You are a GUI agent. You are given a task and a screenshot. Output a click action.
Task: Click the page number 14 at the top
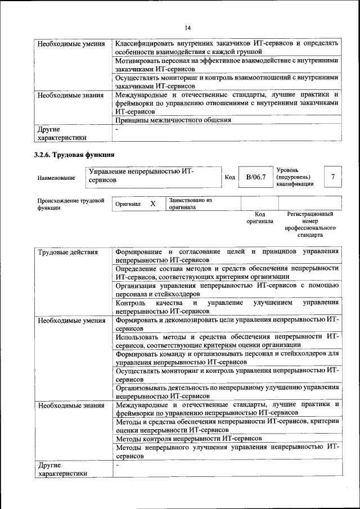click(188, 28)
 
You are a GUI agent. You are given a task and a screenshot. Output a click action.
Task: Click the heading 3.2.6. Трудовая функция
click(75, 154)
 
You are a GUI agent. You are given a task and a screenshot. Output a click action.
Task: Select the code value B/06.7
click(255, 177)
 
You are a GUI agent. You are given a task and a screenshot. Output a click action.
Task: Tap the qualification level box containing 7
click(332, 177)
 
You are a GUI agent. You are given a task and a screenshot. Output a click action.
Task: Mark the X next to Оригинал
click(152, 204)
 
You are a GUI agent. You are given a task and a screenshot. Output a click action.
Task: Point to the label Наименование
click(56, 178)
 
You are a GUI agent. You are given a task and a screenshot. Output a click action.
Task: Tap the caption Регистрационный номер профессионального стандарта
click(310, 225)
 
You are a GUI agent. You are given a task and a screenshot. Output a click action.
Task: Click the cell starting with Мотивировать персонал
click(227, 65)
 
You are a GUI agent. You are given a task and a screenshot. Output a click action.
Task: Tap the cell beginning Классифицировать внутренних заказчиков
click(227, 47)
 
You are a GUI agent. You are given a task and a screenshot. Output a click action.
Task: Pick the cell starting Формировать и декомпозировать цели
click(227, 324)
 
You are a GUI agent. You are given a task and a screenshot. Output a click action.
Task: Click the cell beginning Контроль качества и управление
click(227, 307)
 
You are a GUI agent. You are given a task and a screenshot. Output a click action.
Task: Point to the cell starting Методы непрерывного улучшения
click(227, 452)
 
